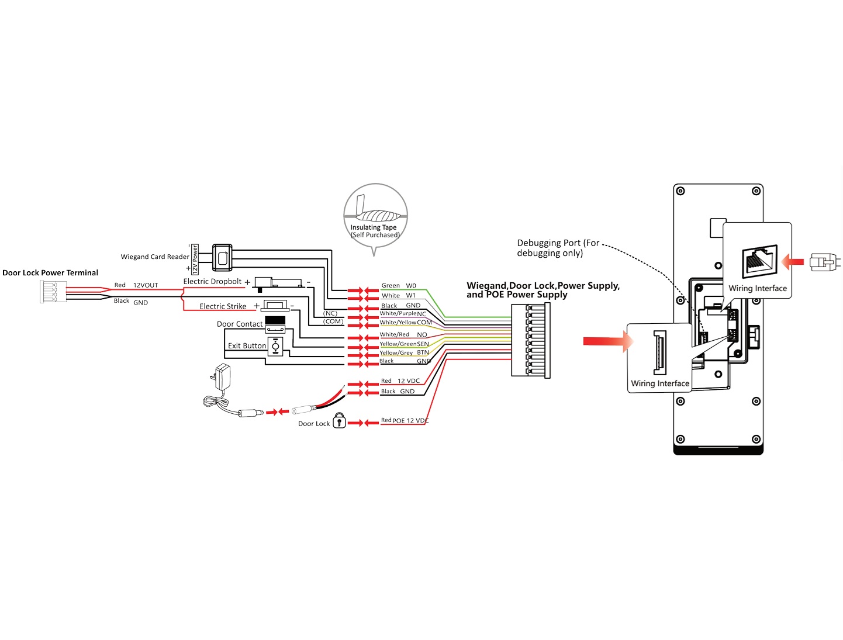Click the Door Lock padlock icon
339,420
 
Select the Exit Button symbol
275,347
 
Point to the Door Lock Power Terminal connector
53,292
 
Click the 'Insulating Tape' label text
374,227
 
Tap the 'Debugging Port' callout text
558,248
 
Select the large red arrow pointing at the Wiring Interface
607,341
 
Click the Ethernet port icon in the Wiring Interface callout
759,261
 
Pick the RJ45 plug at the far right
824,262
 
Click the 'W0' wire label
410,286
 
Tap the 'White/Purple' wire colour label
398,313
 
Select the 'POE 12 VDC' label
410,420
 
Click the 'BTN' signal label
423,352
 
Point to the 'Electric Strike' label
223,306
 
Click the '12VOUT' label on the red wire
146,285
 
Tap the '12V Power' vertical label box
195,260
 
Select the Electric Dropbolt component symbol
279,283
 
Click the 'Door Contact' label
240,324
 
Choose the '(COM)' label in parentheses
333,321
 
